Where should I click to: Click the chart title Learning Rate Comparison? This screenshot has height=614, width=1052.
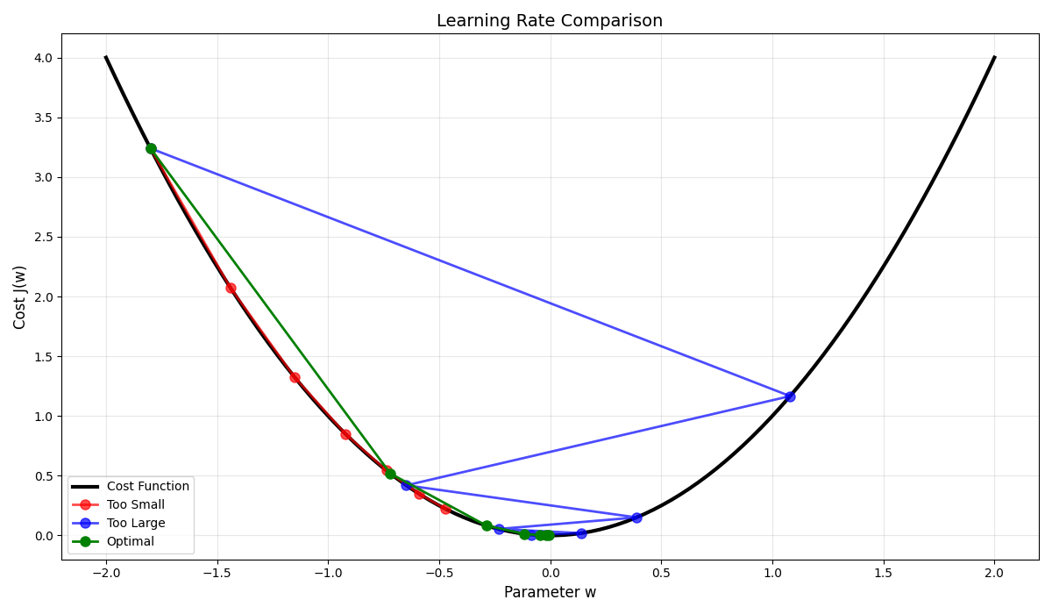coord(550,21)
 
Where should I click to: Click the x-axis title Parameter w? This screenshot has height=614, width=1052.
coord(550,593)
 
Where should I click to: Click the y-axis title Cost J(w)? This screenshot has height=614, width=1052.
coord(20,296)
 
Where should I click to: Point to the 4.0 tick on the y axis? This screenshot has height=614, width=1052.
coord(43,58)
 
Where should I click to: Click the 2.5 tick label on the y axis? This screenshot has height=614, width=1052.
coord(43,237)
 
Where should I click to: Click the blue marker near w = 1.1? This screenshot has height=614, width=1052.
coord(790,396)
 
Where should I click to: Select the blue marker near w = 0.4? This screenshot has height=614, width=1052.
coord(636,518)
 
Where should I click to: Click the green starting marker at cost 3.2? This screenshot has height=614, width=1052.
coord(151,148)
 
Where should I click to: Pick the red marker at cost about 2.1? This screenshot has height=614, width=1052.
coord(231,288)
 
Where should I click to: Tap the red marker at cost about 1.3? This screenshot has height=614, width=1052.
coord(295,377)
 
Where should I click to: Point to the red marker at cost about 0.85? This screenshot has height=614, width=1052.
coord(345,434)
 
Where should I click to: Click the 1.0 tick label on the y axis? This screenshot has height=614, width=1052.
coord(43,416)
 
